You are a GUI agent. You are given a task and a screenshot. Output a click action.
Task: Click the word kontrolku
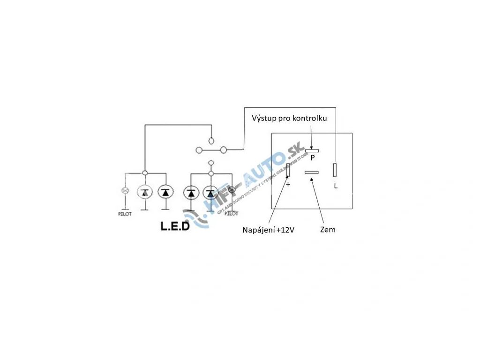point(309,119)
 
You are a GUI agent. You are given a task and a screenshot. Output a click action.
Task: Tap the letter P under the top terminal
point(312,158)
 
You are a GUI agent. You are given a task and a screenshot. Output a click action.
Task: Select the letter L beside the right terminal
point(336,186)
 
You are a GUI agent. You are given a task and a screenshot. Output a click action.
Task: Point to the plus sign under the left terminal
point(288,185)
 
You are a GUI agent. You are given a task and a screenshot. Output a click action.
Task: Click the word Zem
point(328,230)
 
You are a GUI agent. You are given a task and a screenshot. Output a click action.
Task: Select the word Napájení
point(259,230)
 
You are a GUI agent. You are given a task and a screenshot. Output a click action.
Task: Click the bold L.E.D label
point(175,227)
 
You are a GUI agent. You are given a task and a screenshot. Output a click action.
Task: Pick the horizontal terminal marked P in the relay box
point(312,151)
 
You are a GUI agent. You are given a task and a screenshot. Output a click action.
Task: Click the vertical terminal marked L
point(335,170)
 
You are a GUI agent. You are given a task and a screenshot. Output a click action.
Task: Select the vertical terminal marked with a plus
point(288,170)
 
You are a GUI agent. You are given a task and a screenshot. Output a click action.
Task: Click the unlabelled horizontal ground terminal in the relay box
point(312,172)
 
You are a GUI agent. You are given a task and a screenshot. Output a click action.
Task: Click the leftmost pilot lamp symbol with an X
point(125,191)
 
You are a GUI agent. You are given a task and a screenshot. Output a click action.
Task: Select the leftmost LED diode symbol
point(145,191)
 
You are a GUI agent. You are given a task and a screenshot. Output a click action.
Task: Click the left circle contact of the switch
point(199,150)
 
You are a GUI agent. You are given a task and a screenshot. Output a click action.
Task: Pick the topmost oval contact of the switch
point(211,140)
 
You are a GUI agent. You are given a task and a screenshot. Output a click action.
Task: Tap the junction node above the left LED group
point(145,173)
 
